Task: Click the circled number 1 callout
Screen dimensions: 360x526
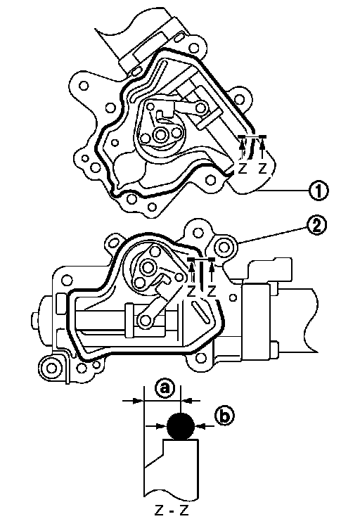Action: tap(319, 191)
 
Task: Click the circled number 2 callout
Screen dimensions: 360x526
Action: tap(316, 226)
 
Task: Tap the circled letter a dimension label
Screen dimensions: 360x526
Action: tap(164, 389)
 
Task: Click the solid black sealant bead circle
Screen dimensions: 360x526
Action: tap(181, 426)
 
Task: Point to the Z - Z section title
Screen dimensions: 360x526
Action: tap(172, 511)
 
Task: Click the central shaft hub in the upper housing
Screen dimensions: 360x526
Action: tap(160, 135)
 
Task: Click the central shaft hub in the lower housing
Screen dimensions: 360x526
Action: tap(147, 267)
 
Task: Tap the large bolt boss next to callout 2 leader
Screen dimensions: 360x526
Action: tap(224, 248)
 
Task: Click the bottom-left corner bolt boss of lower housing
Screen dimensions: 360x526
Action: tap(51, 368)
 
